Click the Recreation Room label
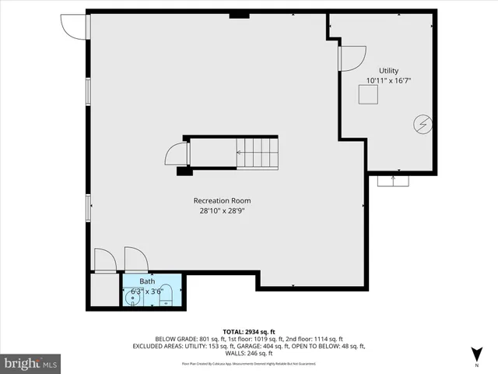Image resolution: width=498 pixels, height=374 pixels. point(222,200)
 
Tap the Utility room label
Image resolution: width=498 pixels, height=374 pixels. point(388,71)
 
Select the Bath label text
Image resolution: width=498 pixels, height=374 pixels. point(147,281)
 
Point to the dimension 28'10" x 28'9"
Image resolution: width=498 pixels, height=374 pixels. point(222,211)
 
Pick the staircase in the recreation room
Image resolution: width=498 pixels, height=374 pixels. point(257,153)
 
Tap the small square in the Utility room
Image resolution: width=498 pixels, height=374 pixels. point(367,94)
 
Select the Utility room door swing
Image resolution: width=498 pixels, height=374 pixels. point(353,58)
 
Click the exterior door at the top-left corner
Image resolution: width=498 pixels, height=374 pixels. point(74,26)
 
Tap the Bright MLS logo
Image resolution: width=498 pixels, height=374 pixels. point(31,363)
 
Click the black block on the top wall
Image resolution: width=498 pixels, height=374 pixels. point(239,14)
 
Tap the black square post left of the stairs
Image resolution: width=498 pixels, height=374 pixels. point(184,171)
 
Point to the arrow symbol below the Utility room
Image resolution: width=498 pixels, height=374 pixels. point(393,180)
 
